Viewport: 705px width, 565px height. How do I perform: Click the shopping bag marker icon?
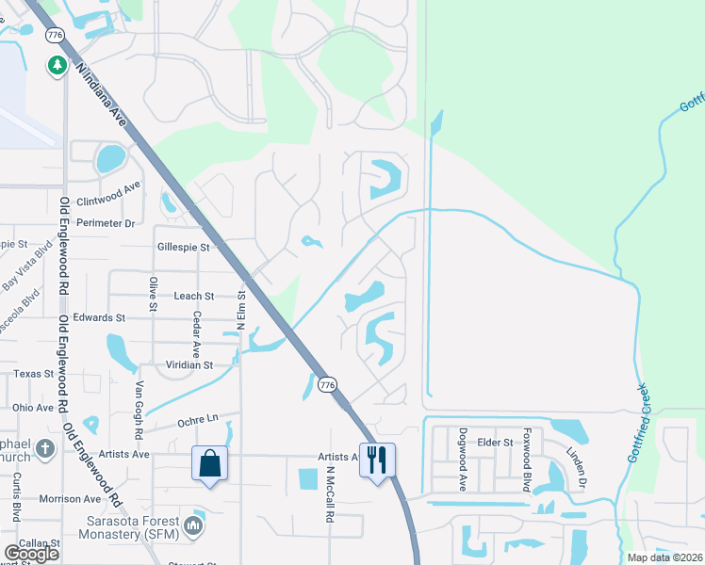(x=208, y=464)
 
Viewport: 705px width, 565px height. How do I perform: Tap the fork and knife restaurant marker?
(x=377, y=460)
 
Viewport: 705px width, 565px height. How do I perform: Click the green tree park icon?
(x=57, y=64)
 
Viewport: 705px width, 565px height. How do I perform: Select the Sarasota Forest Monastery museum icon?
(x=194, y=524)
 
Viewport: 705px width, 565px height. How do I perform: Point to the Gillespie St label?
(x=184, y=247)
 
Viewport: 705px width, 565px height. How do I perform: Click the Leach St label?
(x=194, y=296)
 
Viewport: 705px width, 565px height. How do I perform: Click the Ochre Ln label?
(x=197, y=418)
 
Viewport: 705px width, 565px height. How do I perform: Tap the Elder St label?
(x=495, y=442)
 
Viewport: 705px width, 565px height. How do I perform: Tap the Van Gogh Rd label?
(x=139, y=411)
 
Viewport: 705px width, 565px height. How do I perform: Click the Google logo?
(x=31, y=554)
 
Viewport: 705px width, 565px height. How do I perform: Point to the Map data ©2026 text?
(x=664, y=557)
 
